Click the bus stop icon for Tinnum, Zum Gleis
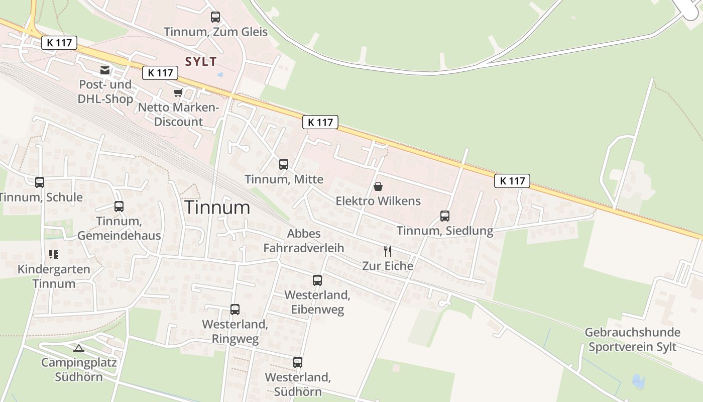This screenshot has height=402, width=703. point(215,17)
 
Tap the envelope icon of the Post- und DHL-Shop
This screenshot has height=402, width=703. point(105,70)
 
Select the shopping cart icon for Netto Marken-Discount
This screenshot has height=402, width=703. point(178,92)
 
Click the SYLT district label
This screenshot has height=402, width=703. point(201,62)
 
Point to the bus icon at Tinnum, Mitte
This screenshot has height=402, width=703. point(284,164)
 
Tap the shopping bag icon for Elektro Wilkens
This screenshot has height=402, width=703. point(378,186)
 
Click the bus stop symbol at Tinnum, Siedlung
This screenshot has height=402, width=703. point(445,216)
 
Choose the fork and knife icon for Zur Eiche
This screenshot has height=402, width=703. point(388,251)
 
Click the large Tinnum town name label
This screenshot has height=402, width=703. point(217,208)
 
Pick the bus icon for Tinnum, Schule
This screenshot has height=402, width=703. point(40,182)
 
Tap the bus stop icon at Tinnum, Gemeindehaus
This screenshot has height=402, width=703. point(119,207)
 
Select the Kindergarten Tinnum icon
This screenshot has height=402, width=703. point(54,254)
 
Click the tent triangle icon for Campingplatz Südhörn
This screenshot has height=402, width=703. point(78,348)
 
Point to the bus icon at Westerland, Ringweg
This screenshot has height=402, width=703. point(235,310)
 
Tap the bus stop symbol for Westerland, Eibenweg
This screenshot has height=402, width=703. point(317,280)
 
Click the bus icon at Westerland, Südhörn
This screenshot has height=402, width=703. point(298,362)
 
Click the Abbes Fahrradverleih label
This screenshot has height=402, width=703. point(304,241)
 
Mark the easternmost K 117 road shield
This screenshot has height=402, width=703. point(512,181)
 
